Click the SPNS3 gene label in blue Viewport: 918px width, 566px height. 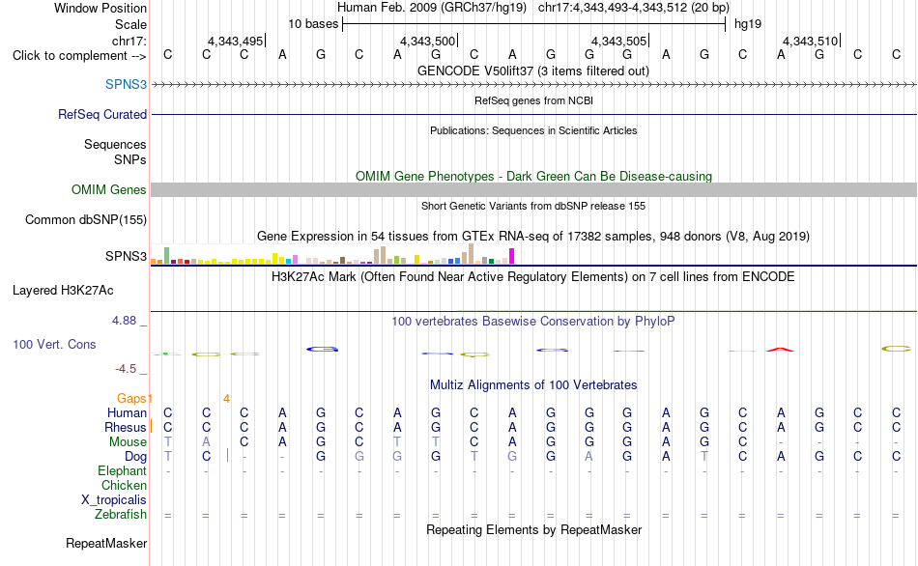click(x=126, y=84)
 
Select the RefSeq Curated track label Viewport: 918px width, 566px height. click(x=102, y=114)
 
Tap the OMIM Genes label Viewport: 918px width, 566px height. click(x=109, y=189)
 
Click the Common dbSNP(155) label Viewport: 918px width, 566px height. click(x=86, y=219)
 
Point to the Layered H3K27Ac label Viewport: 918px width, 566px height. click(x=63, y=291)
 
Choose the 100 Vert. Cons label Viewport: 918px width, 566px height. click(x=54, y=344)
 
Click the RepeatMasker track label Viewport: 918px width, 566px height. click(x=106, y=543)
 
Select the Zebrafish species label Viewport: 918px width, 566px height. click(x=121, y=515)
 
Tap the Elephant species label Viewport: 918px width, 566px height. click(x=123, y=471)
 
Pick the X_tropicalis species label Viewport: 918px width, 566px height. click(x=114, y=500)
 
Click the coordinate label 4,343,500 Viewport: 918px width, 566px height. click(x=427, y=41)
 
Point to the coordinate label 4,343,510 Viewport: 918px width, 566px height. click(x=811, y=41)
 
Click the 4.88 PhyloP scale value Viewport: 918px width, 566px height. click(x=124, y=321)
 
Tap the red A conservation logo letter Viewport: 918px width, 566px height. click(x=781, y=350)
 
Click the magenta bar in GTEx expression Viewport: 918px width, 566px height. click(x=512, y=256)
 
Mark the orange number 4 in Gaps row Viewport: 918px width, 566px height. click(x=226, y=399)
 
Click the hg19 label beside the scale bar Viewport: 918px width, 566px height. click(x=748, y=24)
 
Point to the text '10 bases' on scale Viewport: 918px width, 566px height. click(x=313, y=24)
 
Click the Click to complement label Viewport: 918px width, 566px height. click(x=79, y=56)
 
